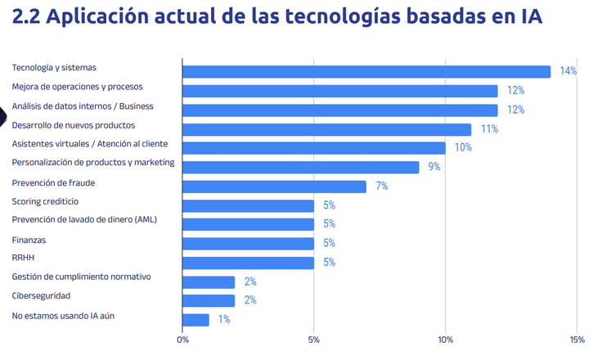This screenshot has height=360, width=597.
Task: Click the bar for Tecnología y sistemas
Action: [x=366, y=71]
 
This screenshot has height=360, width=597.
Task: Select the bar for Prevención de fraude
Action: [x=274, y=187]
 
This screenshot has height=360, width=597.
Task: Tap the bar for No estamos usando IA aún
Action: [x=195, y=320]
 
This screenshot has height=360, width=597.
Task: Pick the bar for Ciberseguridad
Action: [x=209, y=300]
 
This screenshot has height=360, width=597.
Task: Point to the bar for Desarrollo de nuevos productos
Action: [x=327, y=129]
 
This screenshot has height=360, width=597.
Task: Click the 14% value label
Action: [x=568, y=71]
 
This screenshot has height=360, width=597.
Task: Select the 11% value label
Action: [x=489, y=129]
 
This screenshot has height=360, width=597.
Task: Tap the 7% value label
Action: [x=381, y=187]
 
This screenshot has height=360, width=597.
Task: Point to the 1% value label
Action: [x=223, y=320]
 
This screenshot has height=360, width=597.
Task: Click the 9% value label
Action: [x=433, y=167]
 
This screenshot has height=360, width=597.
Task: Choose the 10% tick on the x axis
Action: [x=446, y=340]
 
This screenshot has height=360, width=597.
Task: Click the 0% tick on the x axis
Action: [x=182, y=340]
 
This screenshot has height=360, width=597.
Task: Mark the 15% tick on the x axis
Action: [x=577, y=340]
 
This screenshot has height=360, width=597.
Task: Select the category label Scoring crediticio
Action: [x=45, y=201]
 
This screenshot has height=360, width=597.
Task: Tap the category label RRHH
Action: [x=23, y=258]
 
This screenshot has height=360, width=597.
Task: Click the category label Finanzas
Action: [x=29, y=240]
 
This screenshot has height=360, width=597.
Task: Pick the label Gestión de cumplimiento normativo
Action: [x=81, y=277]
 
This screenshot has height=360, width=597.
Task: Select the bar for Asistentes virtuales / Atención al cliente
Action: [x=314, y=148]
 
